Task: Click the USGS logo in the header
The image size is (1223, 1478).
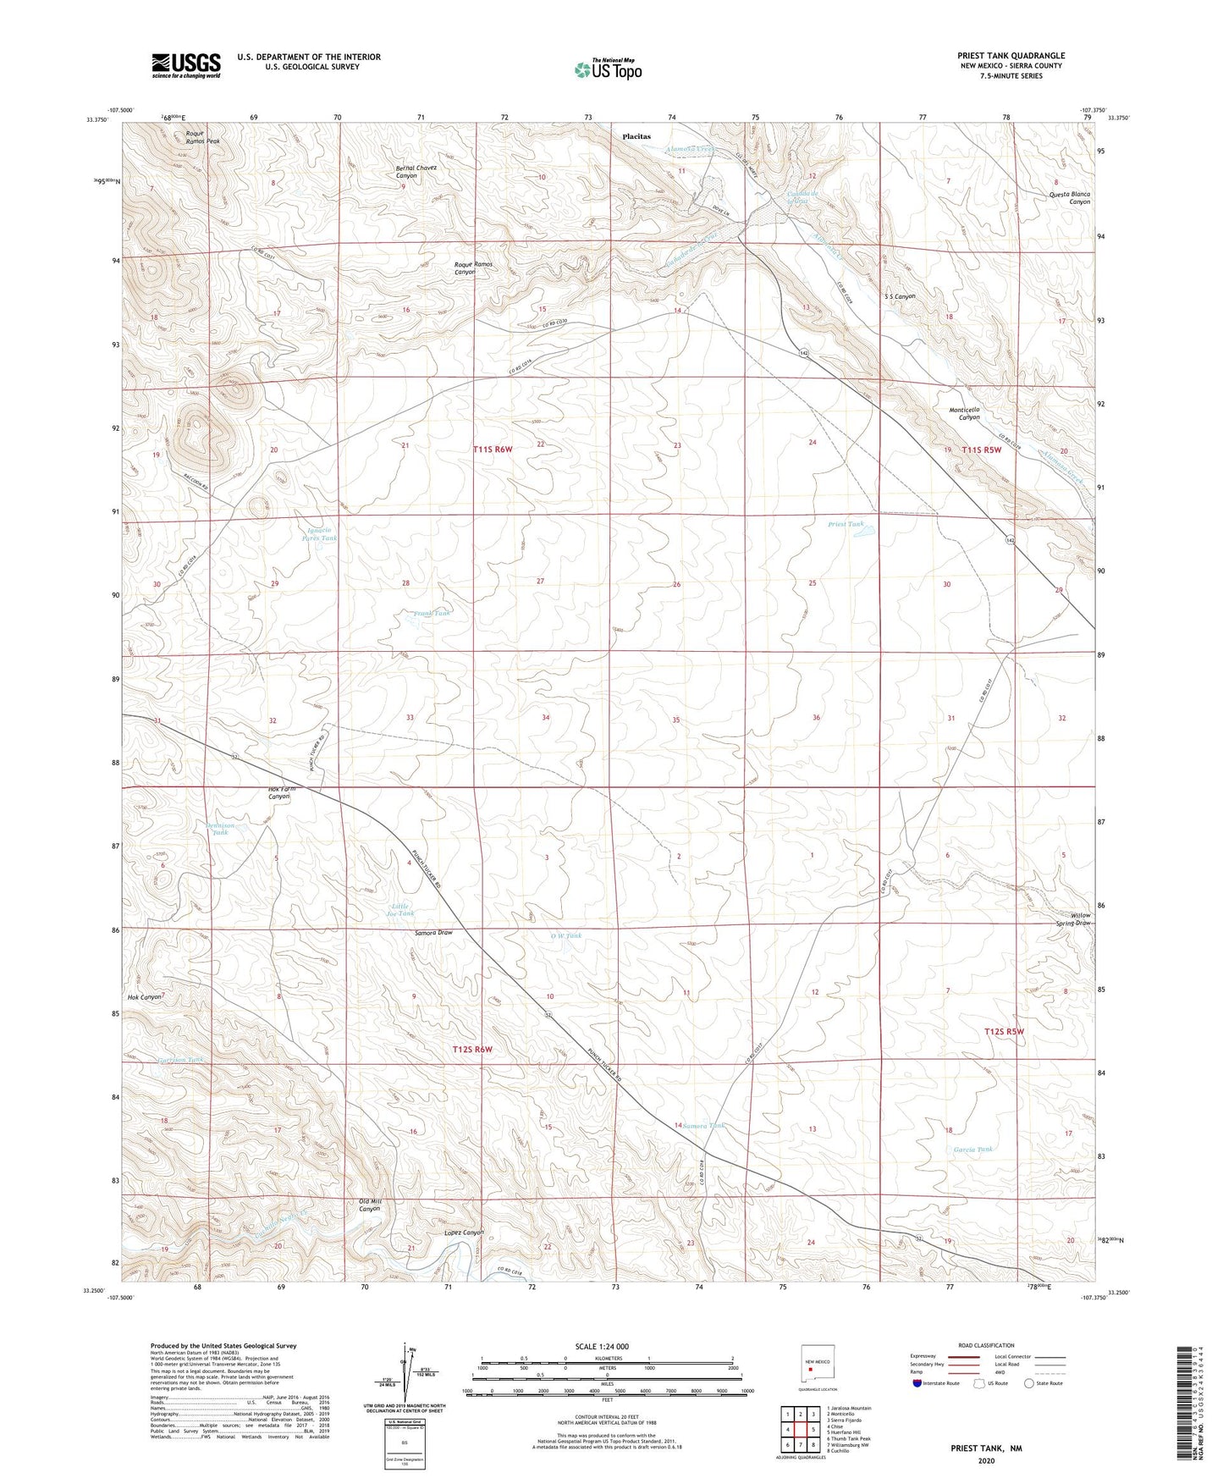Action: point(186,65)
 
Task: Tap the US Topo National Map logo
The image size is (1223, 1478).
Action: point(608,69)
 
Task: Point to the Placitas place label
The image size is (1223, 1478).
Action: point(636,136)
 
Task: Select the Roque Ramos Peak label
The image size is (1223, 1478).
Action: point(202,137)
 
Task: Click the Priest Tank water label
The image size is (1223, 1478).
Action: point(846,524)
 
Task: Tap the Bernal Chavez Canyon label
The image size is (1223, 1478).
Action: point(416,172)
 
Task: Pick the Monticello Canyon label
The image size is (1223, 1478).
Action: point(964,414)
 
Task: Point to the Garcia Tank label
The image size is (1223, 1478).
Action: point(972,1150)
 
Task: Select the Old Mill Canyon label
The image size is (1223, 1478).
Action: point(370,1205)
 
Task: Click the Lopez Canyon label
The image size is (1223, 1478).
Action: point(464,1233)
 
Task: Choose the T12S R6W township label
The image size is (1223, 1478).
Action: point(472,1050)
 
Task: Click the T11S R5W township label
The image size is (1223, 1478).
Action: point(981,449)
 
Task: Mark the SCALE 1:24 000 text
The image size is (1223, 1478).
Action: point(602,1347)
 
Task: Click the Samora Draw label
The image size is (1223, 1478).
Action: point(433,933)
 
